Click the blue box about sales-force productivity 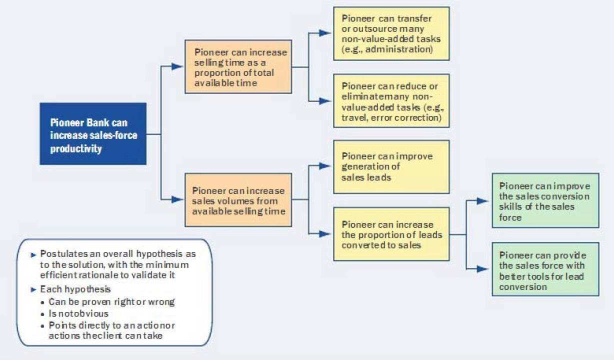pos(93,133)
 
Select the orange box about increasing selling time pos(238,67)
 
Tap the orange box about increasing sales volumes pos(238,199)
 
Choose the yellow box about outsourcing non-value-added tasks pos(391,33)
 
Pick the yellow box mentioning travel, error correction pos(391,100)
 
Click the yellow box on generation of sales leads pos(391,166)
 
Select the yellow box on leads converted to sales pos(391,234)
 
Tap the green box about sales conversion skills pos(545,200)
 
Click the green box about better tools pos(545,269)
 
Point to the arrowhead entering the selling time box pos(177,66)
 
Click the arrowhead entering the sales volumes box pos(177,199)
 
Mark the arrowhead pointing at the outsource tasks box pos(325,33)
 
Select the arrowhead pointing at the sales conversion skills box pos(482,201)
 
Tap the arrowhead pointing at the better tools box pos(482,269)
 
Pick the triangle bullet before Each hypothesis pos(33,289)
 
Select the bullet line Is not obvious pos(78,313)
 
